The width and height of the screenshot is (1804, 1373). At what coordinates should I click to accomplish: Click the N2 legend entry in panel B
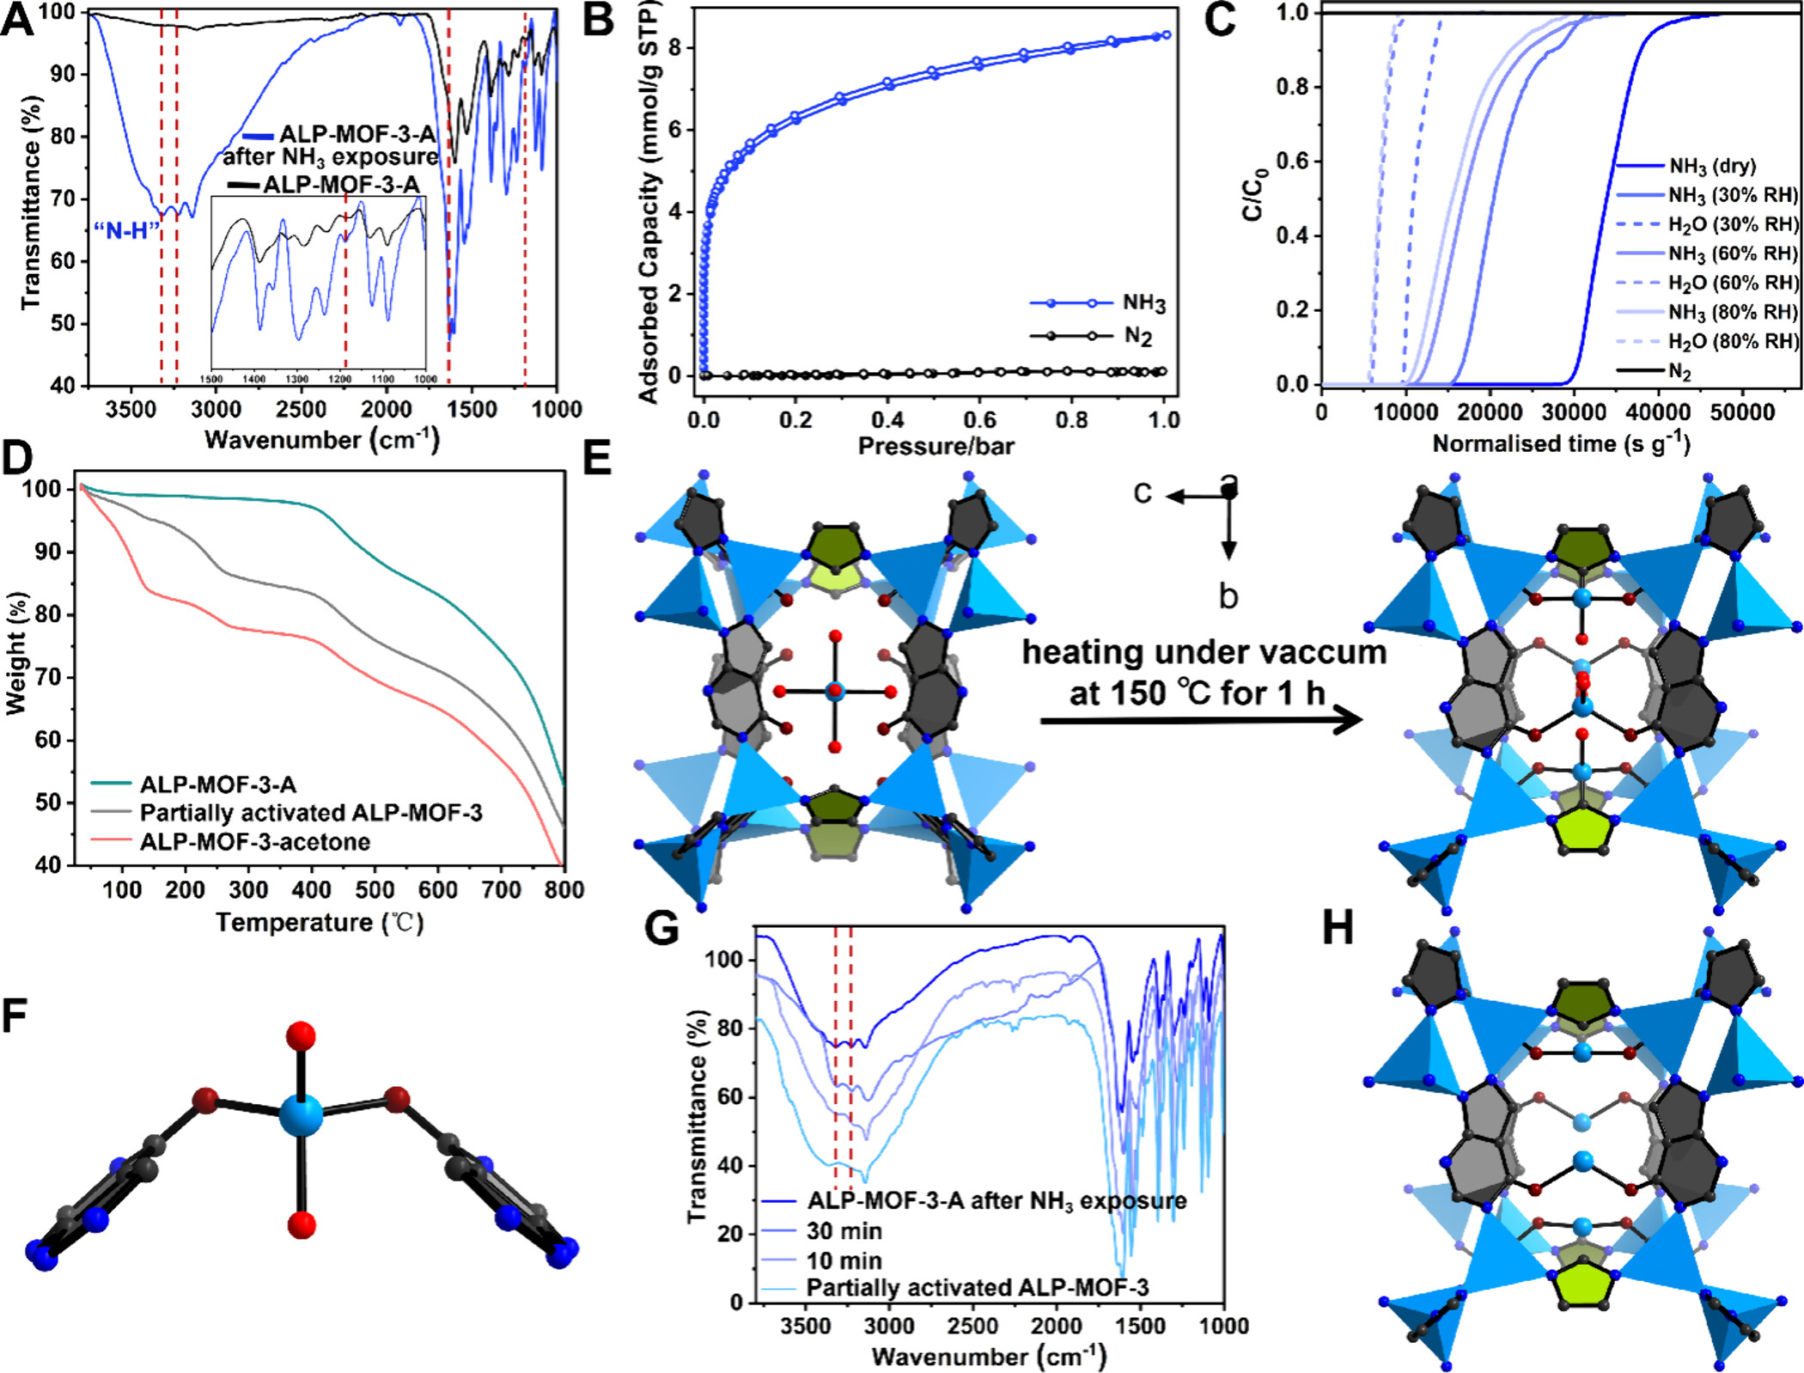1137,336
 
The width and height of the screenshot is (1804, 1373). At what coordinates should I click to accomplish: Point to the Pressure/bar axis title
936,446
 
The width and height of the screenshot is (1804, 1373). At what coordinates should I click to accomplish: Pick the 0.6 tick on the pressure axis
978,419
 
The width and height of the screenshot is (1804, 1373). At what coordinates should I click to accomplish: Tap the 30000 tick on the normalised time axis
1574,412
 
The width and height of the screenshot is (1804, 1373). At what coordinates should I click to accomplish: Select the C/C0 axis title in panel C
1255,195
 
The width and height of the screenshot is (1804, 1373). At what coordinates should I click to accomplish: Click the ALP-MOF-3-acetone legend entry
255,841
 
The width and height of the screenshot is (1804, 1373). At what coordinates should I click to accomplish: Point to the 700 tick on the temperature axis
501,889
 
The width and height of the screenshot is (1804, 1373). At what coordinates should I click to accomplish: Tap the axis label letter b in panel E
1228,595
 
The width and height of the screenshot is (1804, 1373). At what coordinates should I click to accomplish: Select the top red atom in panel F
301,1036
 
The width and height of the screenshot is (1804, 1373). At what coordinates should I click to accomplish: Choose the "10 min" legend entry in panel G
844,1260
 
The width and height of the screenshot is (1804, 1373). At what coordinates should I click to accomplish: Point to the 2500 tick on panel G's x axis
972,1326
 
